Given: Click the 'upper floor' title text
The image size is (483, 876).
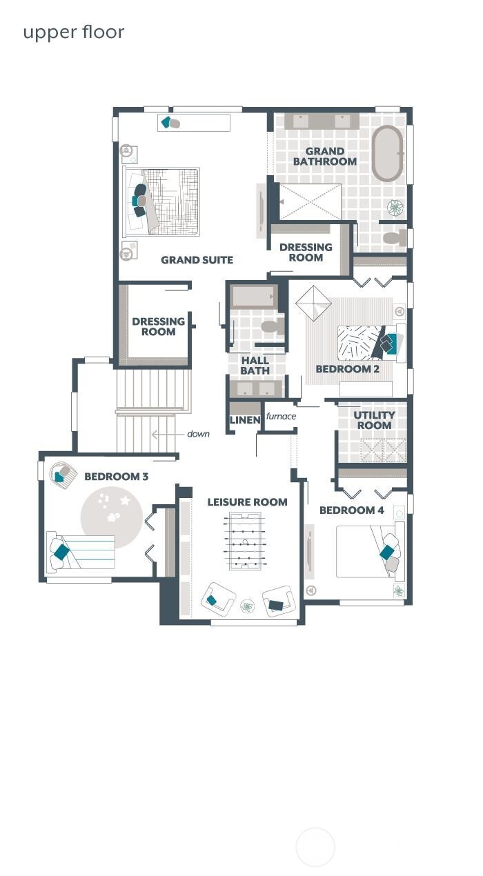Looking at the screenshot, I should (x=73, y=32).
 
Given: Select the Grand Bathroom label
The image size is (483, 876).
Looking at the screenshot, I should (x=324, y=157).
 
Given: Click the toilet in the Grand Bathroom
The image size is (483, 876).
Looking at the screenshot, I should (x=394, y=239).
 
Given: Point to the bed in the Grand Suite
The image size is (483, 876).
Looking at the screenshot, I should (x=161, y=201).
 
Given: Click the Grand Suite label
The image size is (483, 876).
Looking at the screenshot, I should (x=197, y=260).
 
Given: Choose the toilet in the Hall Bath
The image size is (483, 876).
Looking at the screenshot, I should (x=271, y=326).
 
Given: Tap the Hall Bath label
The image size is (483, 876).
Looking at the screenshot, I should (x=255, y=366).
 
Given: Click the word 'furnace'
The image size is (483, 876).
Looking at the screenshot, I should (x=281, y=416).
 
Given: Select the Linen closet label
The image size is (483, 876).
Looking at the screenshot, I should (x=244, y=420).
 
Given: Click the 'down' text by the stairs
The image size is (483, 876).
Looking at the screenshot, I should (x=198, y=434).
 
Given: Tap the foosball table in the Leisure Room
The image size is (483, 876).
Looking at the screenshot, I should (x=242, y=542).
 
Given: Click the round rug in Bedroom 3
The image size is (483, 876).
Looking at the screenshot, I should (x=111, y=517).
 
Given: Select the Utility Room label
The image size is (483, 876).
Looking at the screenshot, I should (x=374, y=420).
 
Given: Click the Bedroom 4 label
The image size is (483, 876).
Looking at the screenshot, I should (x=351, y=510).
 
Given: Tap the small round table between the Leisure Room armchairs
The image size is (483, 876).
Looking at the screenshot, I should (x=247, y=606).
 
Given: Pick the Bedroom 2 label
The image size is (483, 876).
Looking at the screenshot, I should (x=347, y=369).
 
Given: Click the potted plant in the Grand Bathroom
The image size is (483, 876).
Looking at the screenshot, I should (x=395, y=208).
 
